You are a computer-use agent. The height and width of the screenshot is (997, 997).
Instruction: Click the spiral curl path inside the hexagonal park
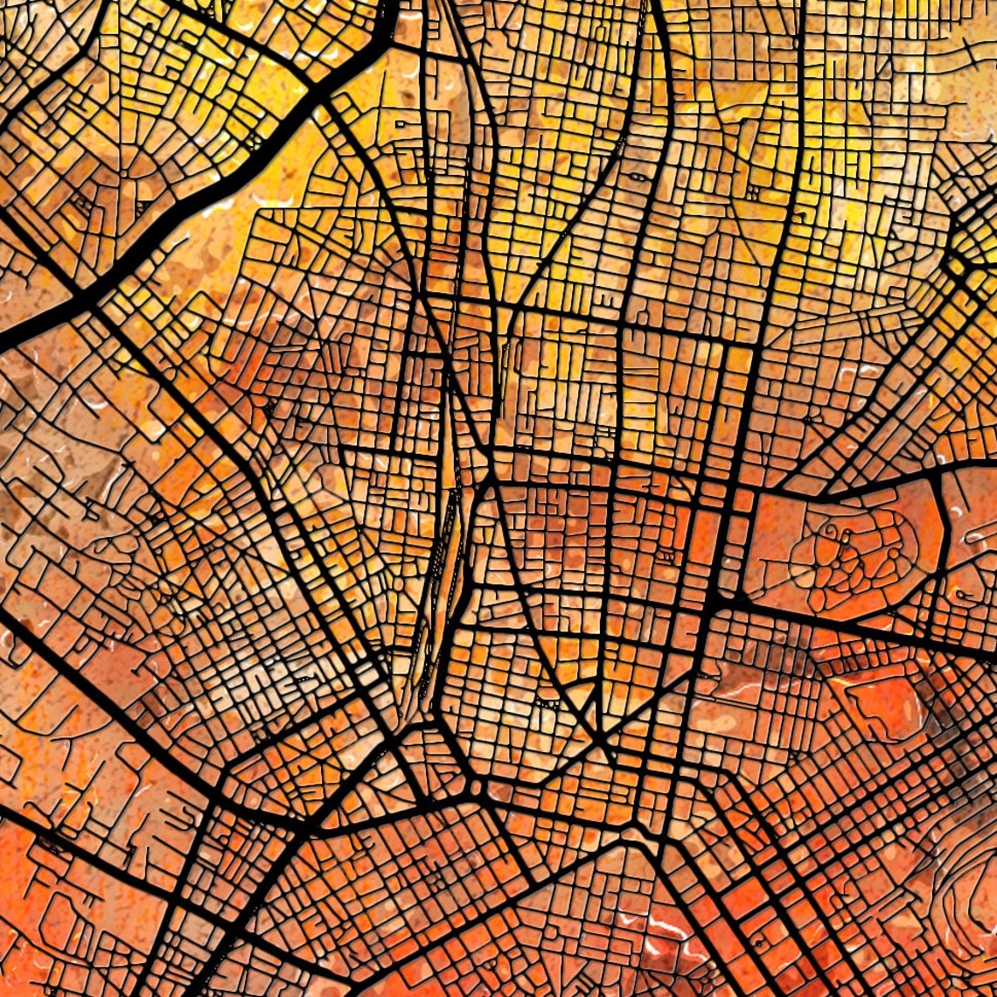point(826,533)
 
